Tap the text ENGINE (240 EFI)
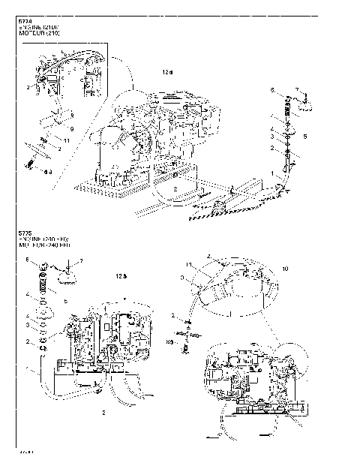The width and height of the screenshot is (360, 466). [43, 239]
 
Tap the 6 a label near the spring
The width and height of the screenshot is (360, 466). [46, 172]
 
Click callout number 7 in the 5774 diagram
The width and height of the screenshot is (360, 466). [296, 89]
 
